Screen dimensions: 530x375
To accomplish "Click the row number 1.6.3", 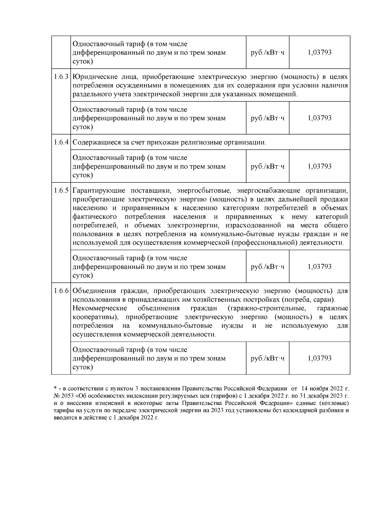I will click(x=61, y=77).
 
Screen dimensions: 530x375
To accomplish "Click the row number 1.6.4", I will click(x=61, y=142).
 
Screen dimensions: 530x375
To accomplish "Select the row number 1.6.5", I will click(x=61, y=191).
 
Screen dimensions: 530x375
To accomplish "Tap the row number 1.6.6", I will click(x=61, y=291).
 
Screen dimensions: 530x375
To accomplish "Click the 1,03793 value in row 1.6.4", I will click(x=319, y=166).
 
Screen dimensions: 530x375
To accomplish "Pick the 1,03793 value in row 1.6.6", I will click(x=319, y=358).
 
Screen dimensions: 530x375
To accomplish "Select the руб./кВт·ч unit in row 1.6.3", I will click(x=267, y=118).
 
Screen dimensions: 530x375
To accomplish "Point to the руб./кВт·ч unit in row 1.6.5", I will click(x=267, y=267).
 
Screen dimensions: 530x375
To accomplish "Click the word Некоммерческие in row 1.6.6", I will click(x=100, y=309).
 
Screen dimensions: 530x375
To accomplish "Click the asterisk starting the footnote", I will click(x=55, y=388).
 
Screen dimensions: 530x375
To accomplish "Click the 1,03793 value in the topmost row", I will click(x=319, y=52).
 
